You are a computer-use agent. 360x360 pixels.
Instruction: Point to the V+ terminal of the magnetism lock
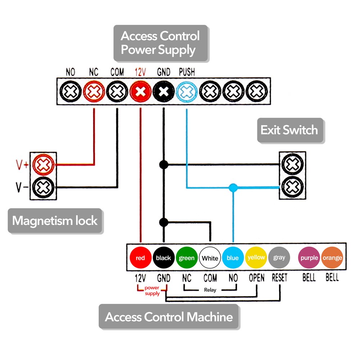43,165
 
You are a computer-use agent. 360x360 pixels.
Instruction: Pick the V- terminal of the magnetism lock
43,187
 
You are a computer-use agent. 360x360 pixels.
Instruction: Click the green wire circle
186,258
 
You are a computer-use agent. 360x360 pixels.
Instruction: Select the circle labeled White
210,258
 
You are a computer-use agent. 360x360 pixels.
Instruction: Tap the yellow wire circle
256,258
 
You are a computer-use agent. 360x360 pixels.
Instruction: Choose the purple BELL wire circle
309,258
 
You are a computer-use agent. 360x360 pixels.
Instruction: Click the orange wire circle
332,258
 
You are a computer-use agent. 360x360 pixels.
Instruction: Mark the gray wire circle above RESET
279,258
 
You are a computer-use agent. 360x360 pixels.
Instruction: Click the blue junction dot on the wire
233,188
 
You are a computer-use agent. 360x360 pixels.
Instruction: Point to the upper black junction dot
164,165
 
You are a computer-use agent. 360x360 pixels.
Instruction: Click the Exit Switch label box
289,130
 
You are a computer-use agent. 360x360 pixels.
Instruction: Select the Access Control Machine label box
168,317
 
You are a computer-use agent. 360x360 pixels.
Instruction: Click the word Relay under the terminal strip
210,290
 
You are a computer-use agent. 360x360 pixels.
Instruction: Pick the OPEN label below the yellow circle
256,278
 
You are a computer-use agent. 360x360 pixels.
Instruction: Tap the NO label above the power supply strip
71,72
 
